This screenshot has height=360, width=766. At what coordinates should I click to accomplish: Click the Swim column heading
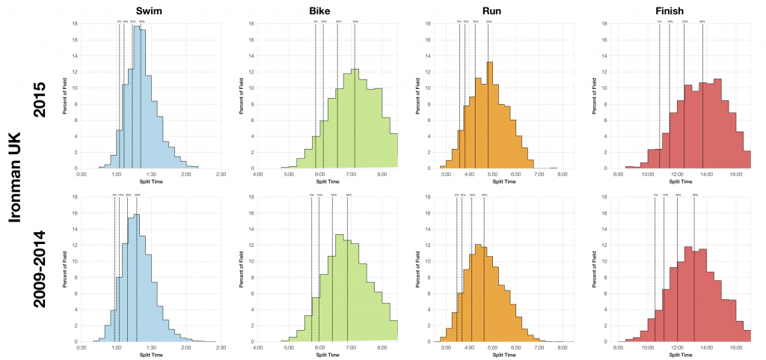(150, 10)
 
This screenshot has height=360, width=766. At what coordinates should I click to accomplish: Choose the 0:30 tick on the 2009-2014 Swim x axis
(82, 348)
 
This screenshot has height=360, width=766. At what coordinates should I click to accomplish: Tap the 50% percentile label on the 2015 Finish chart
(702, 22)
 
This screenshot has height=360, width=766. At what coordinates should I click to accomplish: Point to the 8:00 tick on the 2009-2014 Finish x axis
(619, 348)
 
